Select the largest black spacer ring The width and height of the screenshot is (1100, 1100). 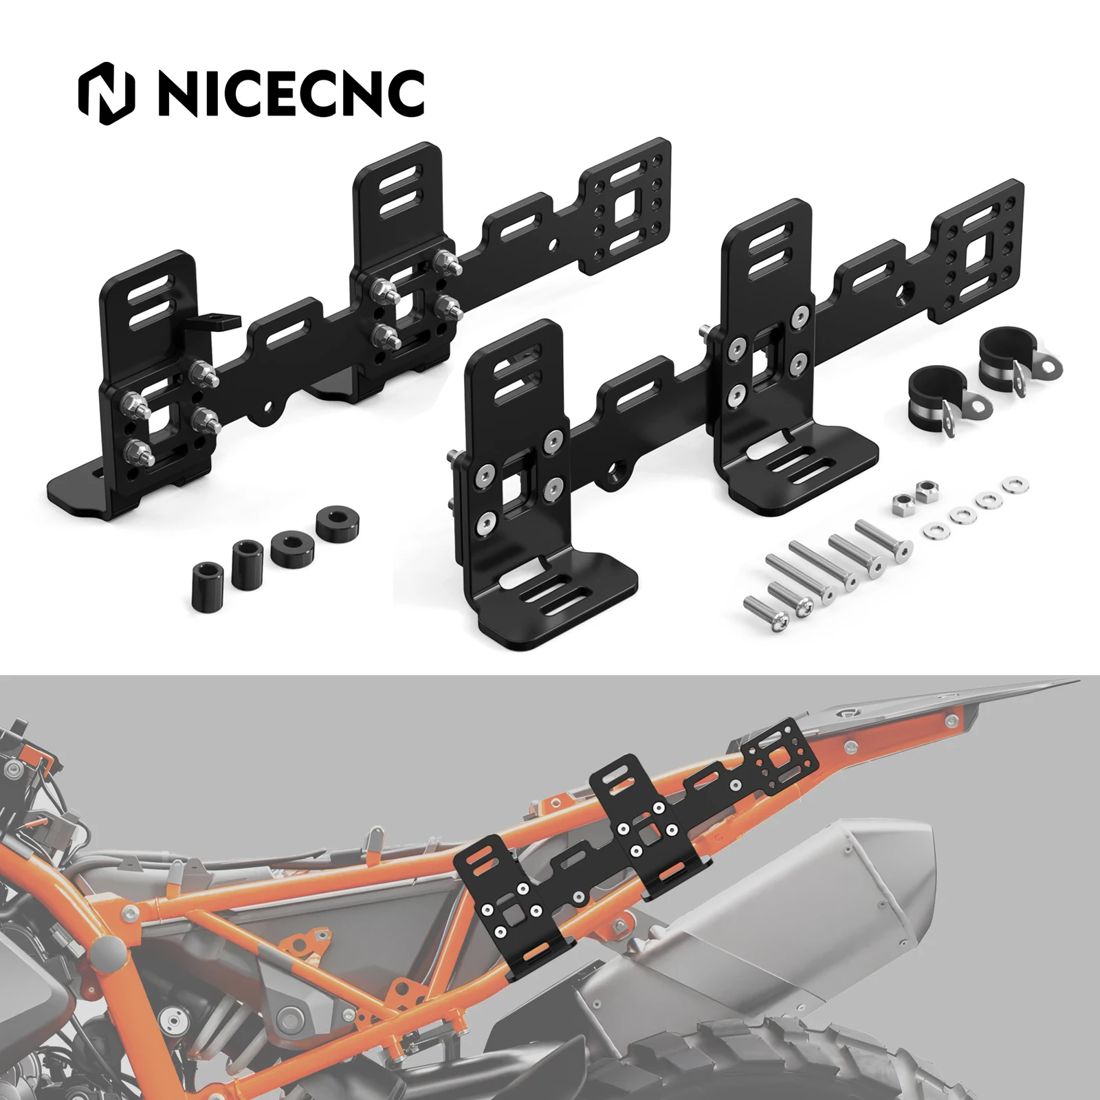tap(338, 522)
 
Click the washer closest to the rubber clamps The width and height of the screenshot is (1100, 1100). tap(1016, 485)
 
